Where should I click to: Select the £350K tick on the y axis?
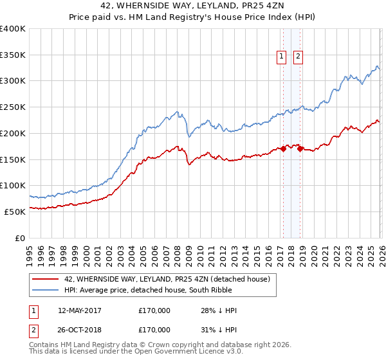tap(13, 55)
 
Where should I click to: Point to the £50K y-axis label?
tap(15, 212)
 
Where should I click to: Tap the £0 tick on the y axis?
tap(21, 238)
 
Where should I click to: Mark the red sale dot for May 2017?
tap(282, 148)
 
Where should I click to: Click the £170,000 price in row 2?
tap(154, 330)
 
